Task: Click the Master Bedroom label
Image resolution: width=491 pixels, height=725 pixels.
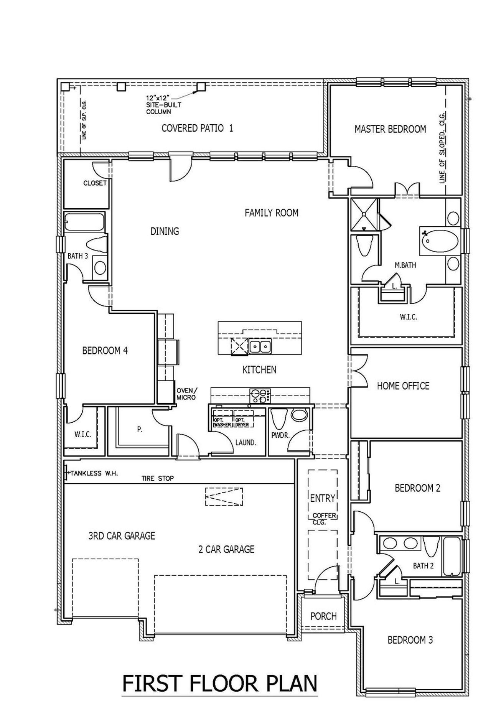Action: pos(390,129)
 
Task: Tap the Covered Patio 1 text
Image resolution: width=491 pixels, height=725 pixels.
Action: pos(197,128)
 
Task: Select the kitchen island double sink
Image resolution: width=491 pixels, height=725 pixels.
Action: pos(260,347)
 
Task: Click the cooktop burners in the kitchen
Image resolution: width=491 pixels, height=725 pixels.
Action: pos(260,396)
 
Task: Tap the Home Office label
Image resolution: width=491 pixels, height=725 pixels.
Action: pos(403,386)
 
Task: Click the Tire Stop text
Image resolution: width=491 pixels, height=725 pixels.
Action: pos(158,478)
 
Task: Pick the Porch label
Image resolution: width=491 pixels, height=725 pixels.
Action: pos(323,616)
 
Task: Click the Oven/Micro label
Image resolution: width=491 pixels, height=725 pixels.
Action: pos(186,394)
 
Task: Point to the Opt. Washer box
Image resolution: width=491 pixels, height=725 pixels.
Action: pos(222,422)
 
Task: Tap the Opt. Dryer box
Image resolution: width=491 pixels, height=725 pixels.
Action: pos(244,422)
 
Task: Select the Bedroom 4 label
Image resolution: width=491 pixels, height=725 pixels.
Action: pos(105,351)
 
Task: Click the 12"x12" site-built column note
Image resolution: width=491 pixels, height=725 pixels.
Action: pos(164,105)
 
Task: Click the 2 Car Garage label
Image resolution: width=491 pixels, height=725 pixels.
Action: pos(226,549)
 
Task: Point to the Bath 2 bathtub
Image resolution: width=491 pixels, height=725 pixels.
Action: pos(452,557)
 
